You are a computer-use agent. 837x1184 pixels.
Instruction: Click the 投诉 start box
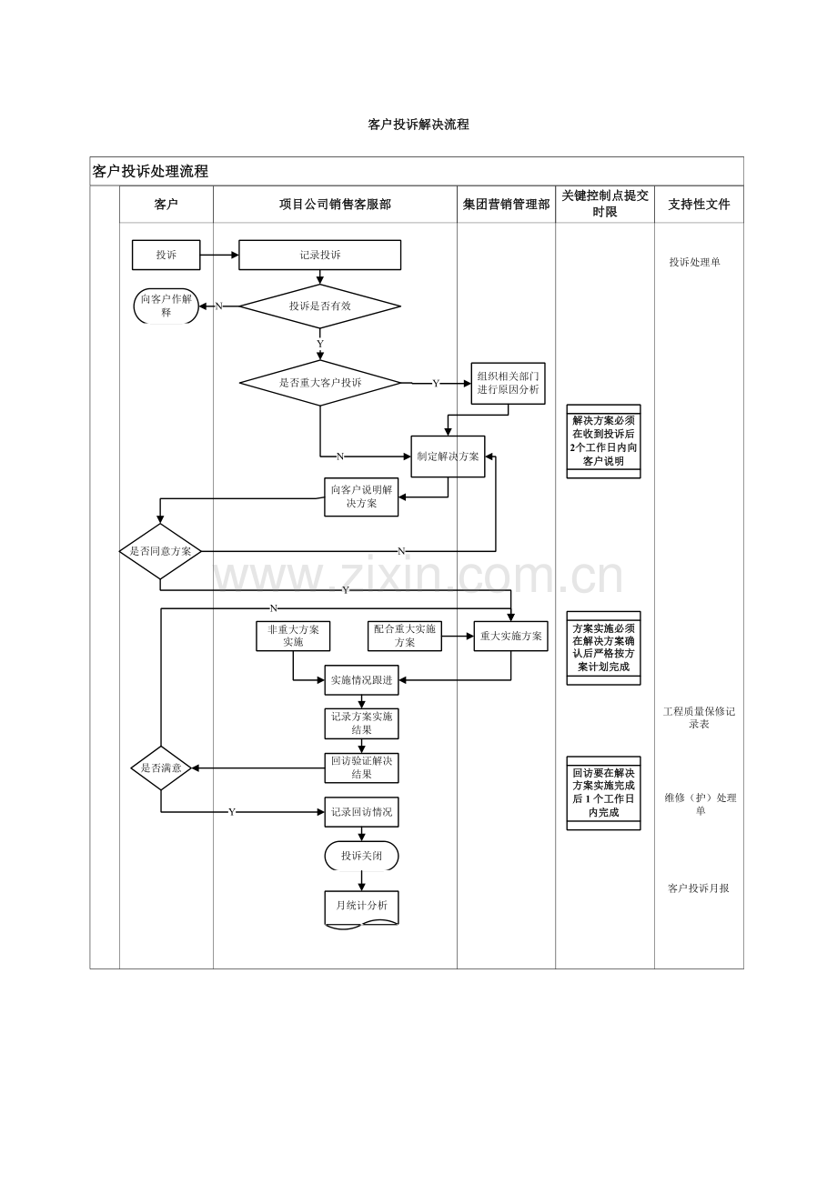166,255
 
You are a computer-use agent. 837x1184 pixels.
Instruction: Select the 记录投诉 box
320,255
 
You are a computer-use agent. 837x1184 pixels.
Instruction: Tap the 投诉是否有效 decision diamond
320,306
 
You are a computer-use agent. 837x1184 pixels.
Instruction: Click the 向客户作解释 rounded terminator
166,306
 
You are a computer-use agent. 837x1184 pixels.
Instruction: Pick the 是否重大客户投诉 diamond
320,383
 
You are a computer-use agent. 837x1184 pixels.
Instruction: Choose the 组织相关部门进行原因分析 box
509,383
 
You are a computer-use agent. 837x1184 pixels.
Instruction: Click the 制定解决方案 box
448,457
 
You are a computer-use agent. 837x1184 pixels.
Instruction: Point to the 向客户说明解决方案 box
362,497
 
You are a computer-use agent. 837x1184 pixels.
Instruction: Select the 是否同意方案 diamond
160,551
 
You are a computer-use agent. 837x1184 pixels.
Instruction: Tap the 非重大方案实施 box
293,636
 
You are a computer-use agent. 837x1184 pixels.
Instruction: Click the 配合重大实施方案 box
405,636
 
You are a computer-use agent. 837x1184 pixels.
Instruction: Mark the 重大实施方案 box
510,636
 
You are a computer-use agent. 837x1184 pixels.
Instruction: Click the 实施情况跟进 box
362,680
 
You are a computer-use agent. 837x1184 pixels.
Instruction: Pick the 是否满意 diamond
161,768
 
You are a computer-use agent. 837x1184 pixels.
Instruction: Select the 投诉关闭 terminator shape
362,856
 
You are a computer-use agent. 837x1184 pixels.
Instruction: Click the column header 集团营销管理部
507,205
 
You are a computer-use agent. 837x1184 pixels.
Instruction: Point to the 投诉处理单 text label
695,262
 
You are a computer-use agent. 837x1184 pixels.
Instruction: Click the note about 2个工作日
603,441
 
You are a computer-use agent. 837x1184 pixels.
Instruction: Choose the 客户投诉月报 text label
699,888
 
